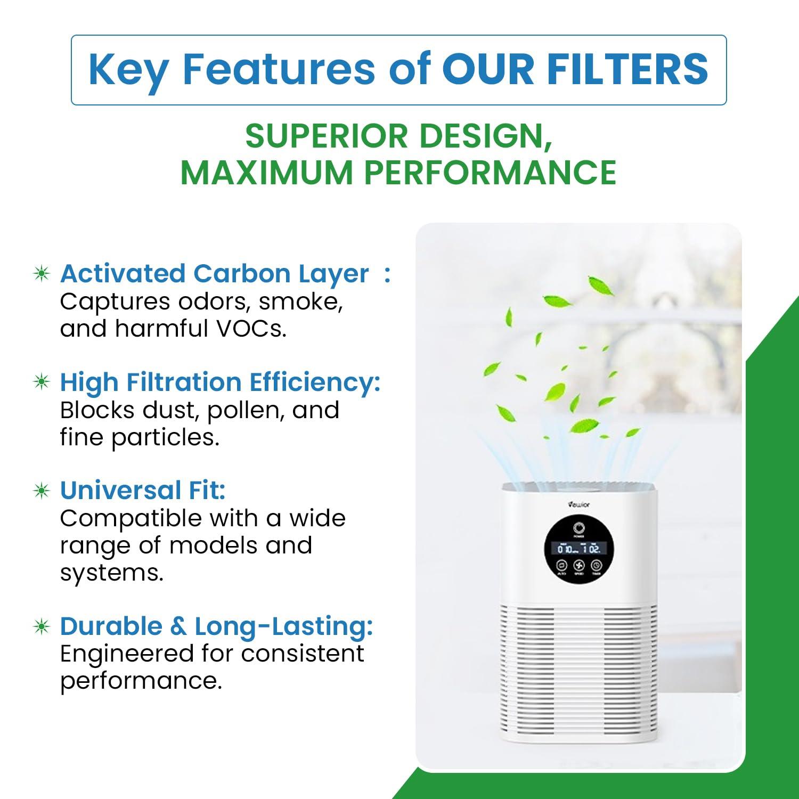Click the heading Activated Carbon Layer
[214, 273]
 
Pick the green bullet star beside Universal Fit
[42, 490]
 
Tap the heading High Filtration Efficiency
[220, 382]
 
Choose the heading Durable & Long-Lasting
[216, 626]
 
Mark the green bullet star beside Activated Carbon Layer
[42, 274]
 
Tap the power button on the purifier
[578, 528]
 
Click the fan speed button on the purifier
[579, 565]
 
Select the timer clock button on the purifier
[597, 565]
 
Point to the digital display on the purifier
[579, 548]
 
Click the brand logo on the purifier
[578, 504]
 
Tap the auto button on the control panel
[561, 565]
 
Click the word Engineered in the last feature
[126, 654]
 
